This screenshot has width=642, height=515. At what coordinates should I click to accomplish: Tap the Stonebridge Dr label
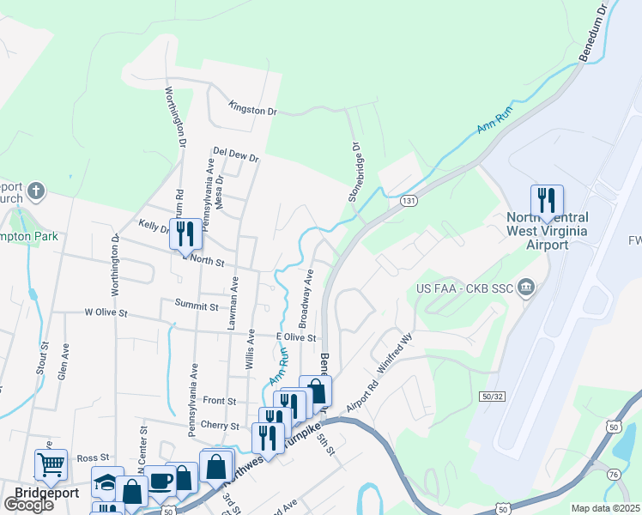point(353,172)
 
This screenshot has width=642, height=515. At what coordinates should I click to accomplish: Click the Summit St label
point(197,305)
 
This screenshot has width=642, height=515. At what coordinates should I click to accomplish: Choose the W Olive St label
point(106,315)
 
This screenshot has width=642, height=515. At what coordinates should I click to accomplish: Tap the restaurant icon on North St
point(185,233)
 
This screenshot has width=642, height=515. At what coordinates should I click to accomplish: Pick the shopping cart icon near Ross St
point(51,465)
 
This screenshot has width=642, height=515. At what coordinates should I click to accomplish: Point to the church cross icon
point(35,190)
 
